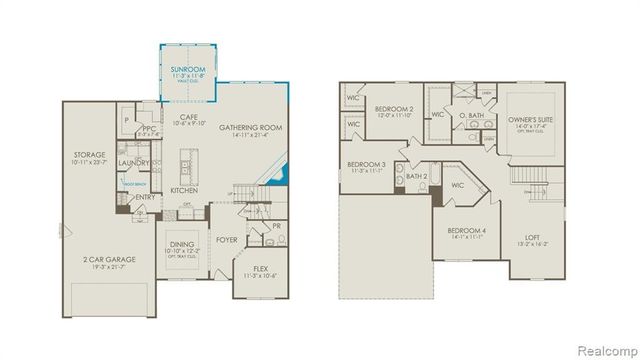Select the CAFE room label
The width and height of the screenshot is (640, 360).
coord(188,117)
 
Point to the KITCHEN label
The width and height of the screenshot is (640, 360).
coord(183,190)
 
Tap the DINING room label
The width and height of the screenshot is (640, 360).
coord(182,245)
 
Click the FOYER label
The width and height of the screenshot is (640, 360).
coord(227,240)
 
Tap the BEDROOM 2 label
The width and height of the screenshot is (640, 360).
coord(394,107)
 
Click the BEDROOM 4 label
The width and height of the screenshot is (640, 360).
coord(467,231)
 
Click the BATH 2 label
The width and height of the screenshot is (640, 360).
coord(417,176)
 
